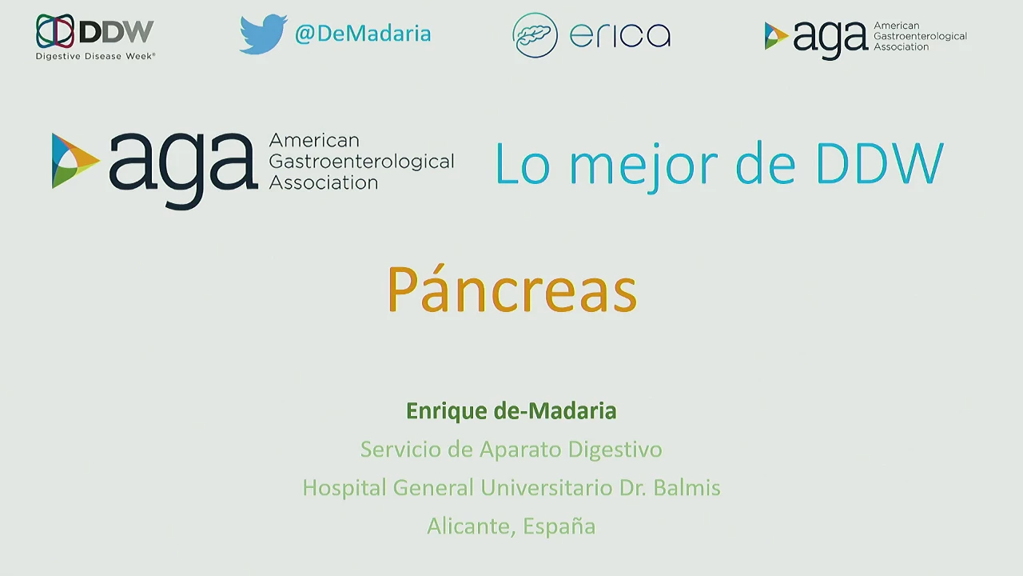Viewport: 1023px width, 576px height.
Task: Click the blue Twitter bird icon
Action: [264, 34]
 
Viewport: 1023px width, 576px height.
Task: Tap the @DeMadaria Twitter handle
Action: [363, 34]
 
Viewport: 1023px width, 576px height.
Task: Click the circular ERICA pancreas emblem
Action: [535, 35]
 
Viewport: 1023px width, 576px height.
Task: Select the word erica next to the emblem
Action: [620, 35]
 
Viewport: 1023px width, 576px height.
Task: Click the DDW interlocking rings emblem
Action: [55, 31]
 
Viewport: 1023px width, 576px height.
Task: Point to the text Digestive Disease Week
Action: [95, 56]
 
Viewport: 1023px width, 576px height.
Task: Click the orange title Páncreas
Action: [512, 290]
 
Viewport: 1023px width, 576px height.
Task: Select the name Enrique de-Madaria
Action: [511, 410]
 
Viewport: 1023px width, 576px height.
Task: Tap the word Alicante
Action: [472, 526]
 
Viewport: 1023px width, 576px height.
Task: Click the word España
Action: [559, 526]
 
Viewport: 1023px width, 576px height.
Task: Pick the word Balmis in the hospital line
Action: [687, 487]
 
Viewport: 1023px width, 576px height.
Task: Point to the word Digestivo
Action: [615, 450]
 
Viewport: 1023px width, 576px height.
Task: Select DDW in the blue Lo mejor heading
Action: [880, 162]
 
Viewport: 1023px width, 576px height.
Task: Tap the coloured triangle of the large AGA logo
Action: [73, 161]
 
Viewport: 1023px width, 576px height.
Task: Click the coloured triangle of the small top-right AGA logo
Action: [776, 36]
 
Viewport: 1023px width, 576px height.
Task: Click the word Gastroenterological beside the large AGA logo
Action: [362, 162]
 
